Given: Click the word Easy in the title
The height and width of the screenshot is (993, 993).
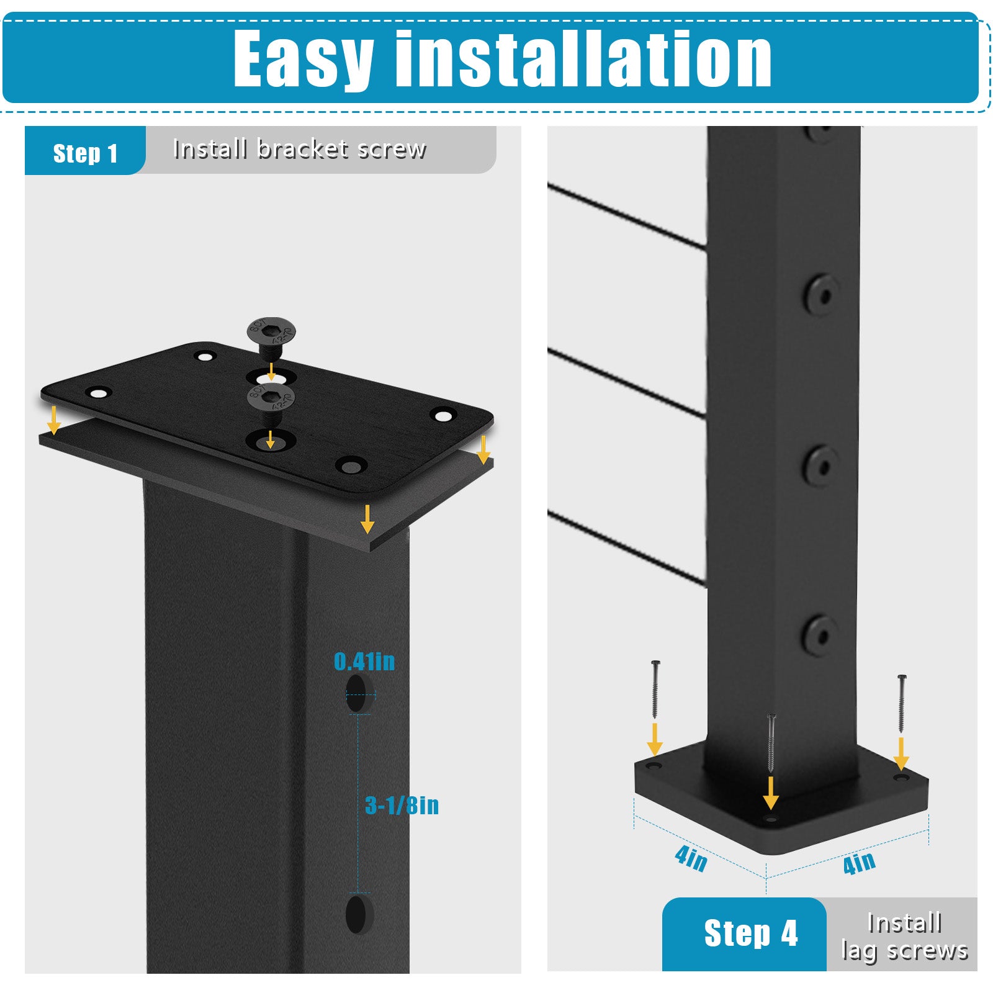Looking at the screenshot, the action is [303, 59].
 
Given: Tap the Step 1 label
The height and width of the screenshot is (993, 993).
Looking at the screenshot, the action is [85, 153].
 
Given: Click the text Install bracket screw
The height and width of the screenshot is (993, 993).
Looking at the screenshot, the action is [300, 149].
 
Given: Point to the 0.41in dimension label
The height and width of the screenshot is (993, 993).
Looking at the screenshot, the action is [364, 662].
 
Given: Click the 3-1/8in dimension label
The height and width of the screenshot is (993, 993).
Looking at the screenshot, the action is [402, 806].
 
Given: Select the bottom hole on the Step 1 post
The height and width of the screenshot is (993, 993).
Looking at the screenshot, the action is [356, 914].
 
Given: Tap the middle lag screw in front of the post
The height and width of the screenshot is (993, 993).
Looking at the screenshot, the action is [771, 743].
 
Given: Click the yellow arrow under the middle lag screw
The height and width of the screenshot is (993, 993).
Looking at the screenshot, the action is [771, 793].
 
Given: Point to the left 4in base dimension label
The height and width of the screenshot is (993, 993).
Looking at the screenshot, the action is [691, 858].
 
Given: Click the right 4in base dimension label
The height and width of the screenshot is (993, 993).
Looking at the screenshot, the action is [860, 863].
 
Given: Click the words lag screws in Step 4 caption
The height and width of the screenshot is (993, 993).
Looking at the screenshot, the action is [904, 951].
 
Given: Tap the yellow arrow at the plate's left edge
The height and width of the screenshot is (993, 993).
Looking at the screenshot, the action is [54, 420].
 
